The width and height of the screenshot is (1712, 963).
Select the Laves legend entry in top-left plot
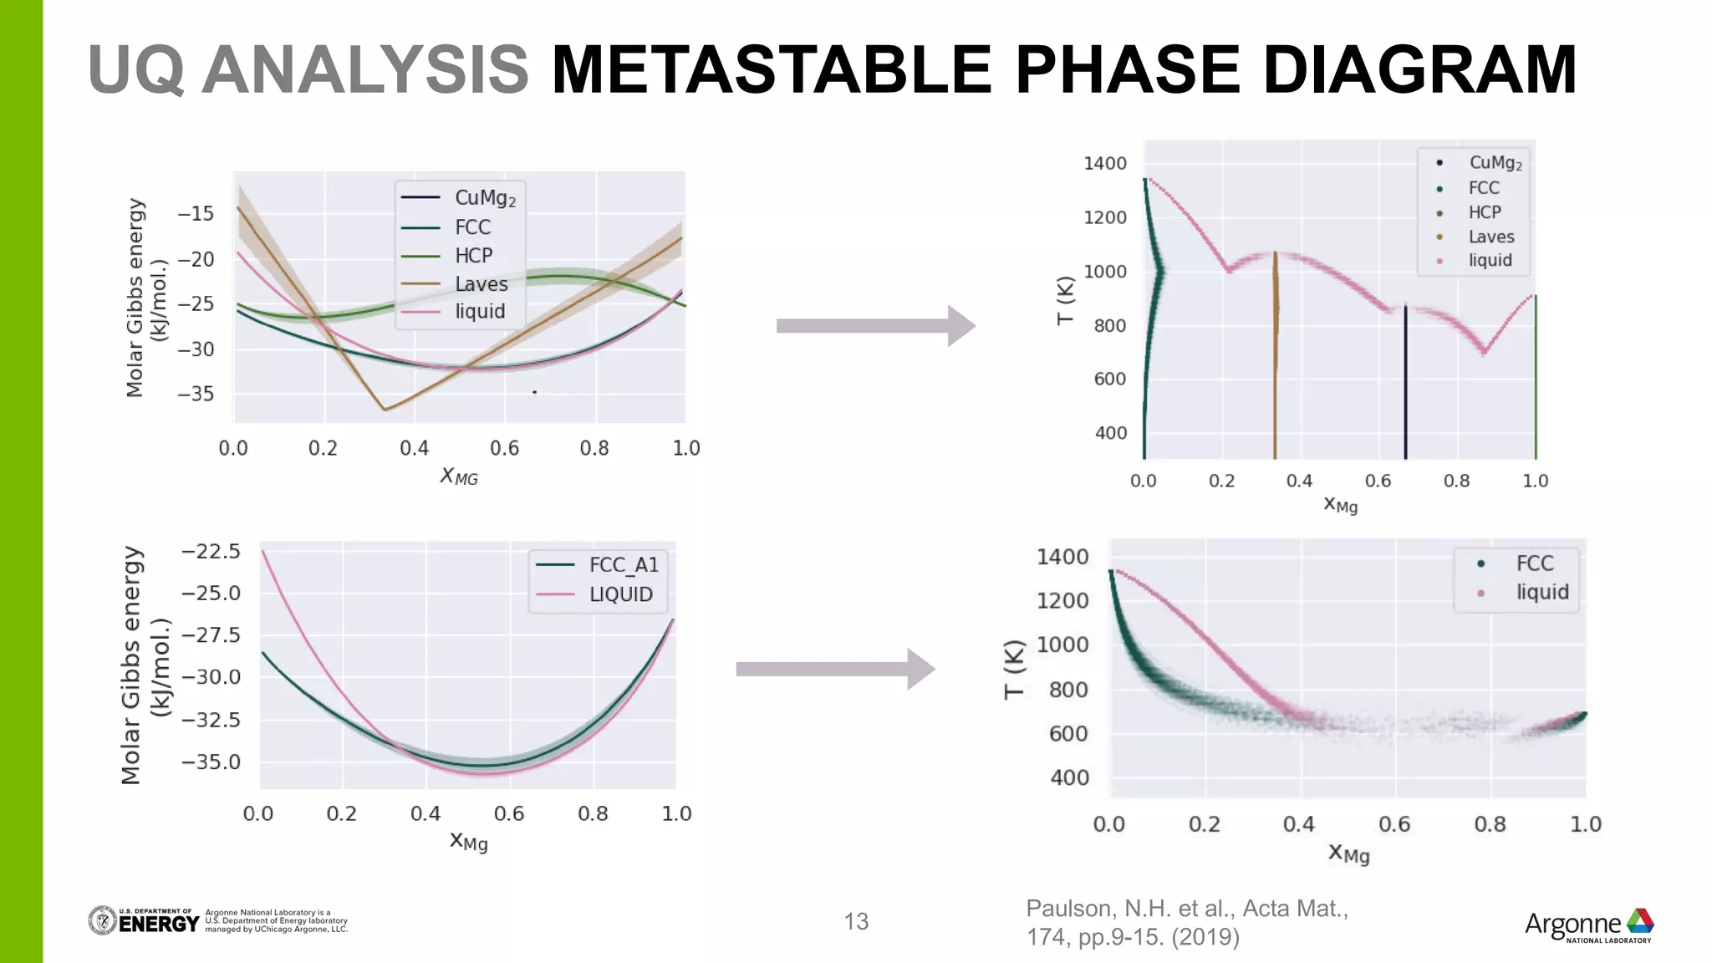(x=480, y=284)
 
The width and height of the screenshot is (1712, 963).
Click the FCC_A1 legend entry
(x=623, y=566)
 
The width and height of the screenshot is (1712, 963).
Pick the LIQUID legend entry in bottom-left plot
(x=620, y=594)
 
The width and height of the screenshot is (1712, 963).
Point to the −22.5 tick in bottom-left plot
(x=211, y=552)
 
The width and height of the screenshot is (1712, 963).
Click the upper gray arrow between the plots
(x=874, y=326)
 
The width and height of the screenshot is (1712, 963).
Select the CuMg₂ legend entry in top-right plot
(x=1495, y=163)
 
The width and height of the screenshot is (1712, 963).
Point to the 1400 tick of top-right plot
(x=1104, y=164)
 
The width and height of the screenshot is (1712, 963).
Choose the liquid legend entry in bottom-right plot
(x=1541, y=592)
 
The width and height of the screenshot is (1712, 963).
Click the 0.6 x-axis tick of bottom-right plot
(x=1394, y=824)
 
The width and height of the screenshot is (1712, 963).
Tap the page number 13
(x=856, y=921)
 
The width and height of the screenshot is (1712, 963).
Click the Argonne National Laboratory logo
(x=1588, y=925)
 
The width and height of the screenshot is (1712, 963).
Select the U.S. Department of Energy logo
(x=144, y=920)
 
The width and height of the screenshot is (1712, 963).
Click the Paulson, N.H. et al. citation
(x=1187, y=922)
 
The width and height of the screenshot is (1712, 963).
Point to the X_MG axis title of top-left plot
(x=459, y=476)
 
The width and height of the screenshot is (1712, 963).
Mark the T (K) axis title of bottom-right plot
(x=1014, y=669)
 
